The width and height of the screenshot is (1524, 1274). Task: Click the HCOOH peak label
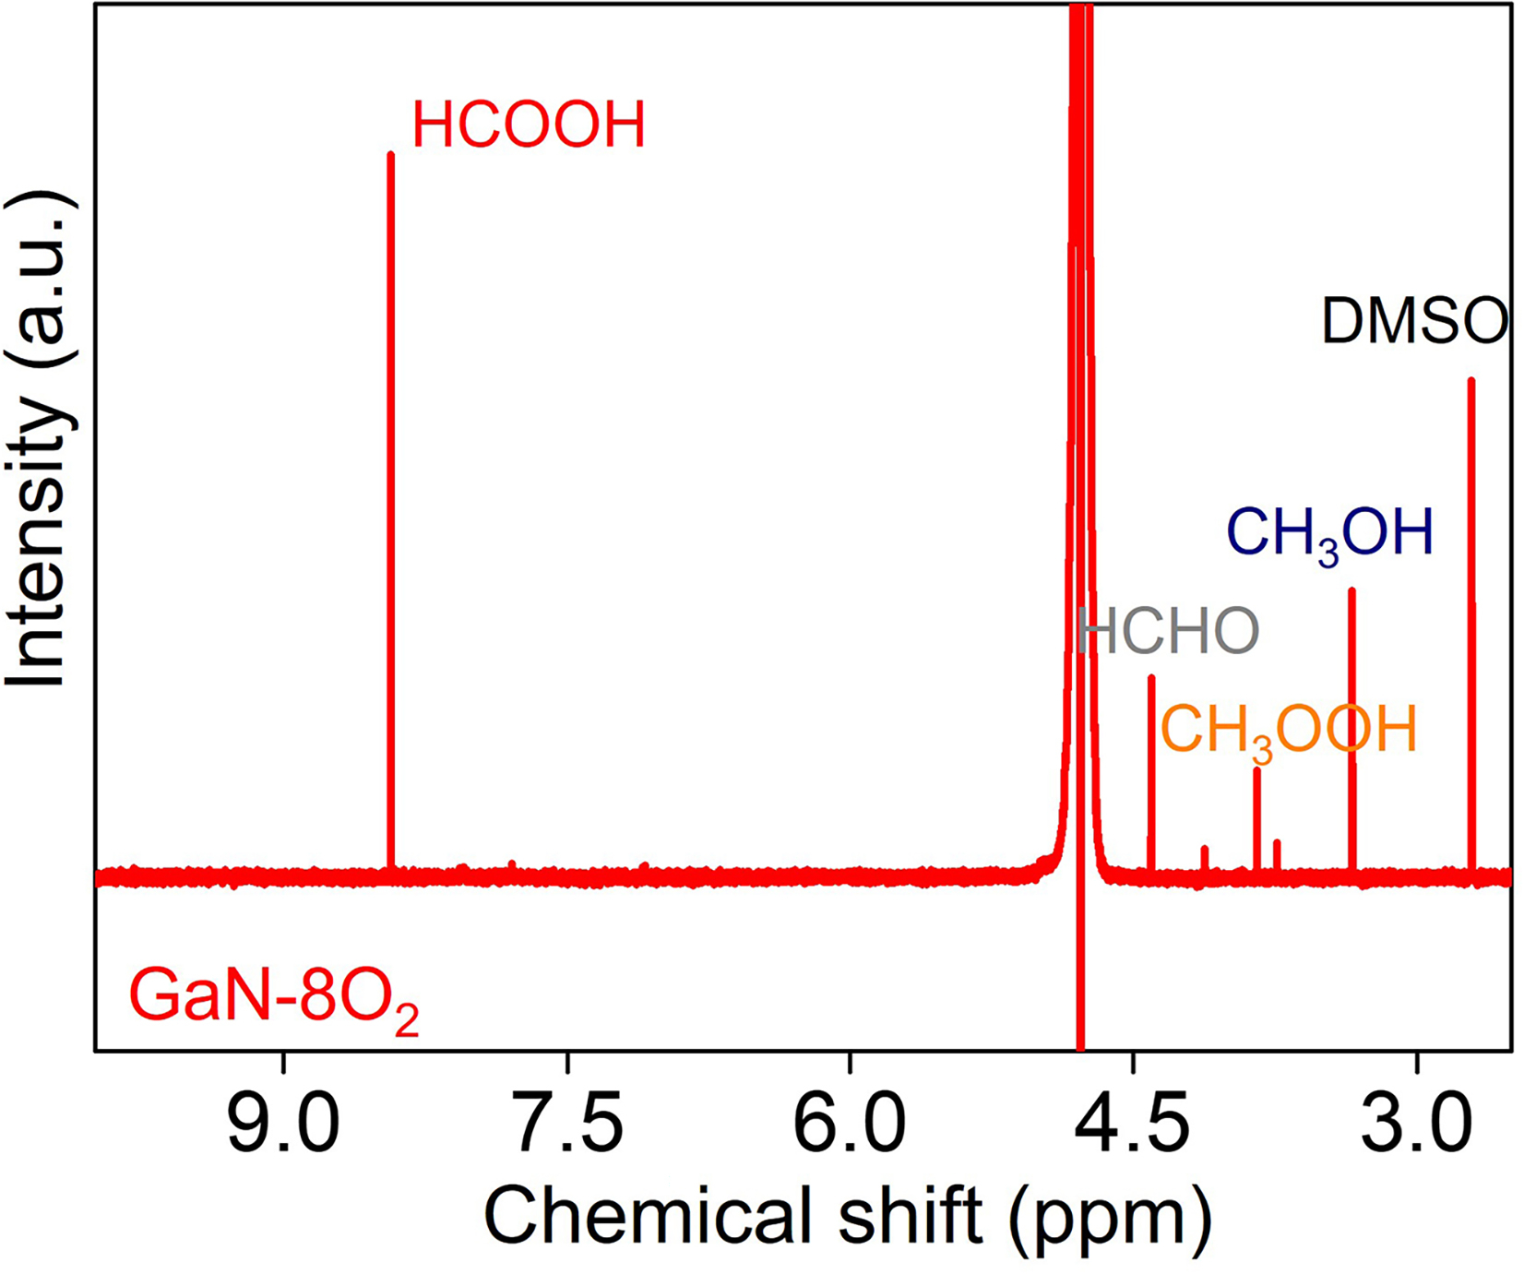[x=528, y=125]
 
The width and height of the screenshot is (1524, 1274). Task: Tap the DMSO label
[x=1414, y=322]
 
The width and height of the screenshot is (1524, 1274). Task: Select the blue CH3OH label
[x=1329, y=533]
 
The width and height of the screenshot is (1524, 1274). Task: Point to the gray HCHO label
[x=1169, y=632]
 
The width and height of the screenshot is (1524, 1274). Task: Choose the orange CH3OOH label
[x=1288, y=731]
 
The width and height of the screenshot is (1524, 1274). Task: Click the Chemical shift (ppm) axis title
[x=847, y=1216]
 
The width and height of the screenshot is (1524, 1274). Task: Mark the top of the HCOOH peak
[x=390, y=156]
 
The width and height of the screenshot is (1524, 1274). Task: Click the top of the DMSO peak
[x=1470, y=381]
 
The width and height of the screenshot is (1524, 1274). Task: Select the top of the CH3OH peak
[x=1351, y=591]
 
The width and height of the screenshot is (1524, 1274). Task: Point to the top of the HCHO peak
[x=1151, y=679]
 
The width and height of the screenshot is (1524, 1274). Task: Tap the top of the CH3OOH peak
[x=1256, y=770]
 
